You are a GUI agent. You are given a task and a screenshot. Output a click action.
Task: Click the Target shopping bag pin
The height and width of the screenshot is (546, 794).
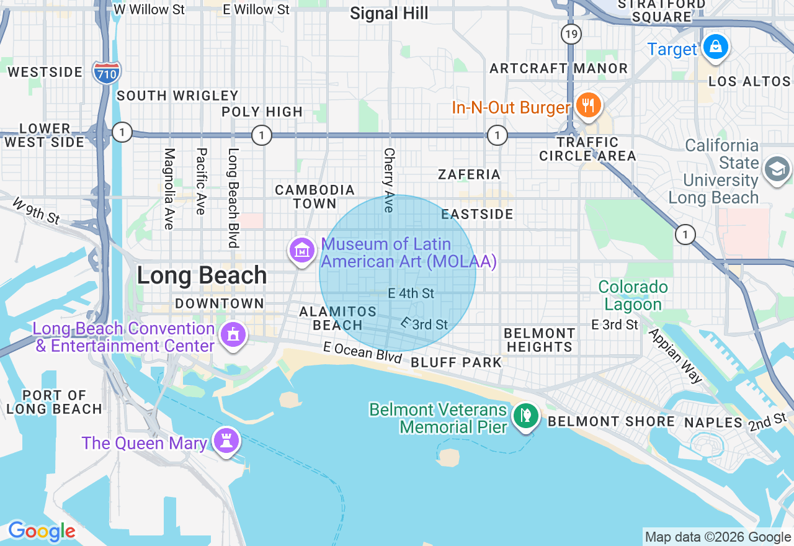pyautogui.click(x=715, y=47)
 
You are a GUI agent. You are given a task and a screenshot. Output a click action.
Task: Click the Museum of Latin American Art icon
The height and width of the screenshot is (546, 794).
pyautogui.click(x=302, y=251)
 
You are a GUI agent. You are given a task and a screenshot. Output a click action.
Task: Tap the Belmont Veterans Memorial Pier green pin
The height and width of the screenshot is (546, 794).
pyautogui.click(x=526, y=416)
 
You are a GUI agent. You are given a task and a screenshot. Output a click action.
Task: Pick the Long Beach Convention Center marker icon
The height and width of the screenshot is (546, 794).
pyautogui.click(x=233, y=335)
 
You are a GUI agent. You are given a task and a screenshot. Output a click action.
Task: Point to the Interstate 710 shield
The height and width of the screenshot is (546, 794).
pyautogui.click(x=106, y=73)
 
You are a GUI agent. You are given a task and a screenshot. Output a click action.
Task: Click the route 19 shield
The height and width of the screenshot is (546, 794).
pyautogui.click(x=571, y=34)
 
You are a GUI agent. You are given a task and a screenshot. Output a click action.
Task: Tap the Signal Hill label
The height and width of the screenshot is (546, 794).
pyautogui.click(x=389, y=13)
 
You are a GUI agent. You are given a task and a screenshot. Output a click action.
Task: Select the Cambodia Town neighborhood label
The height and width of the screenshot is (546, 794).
pyautogui.click(x=315, y=197)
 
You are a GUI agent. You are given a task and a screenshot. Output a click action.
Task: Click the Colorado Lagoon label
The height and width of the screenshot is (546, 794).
pyautogui.click(x=633, y=296)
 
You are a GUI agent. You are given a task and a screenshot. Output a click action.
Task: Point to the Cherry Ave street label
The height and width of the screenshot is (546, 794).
pyautogui.click(x=389, y=179)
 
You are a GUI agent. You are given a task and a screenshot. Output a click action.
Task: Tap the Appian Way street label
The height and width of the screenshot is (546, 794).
pyautogui.click(x=675, y=355)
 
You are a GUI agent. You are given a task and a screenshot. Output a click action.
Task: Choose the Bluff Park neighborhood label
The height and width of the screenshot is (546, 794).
pyautogui.click(x=456, y=362)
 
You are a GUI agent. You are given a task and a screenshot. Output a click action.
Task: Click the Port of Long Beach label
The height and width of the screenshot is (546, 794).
pyautogui.click(x=54, y=402)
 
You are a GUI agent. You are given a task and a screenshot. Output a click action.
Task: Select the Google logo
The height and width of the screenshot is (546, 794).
pyautogui.click(x=42, y=532)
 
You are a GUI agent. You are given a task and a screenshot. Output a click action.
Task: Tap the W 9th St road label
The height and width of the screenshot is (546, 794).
pyautogui.click(x=36, y=211)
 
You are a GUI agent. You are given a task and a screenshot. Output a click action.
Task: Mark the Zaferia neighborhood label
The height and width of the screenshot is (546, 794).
pyautogui.click(x=469, y=174)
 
